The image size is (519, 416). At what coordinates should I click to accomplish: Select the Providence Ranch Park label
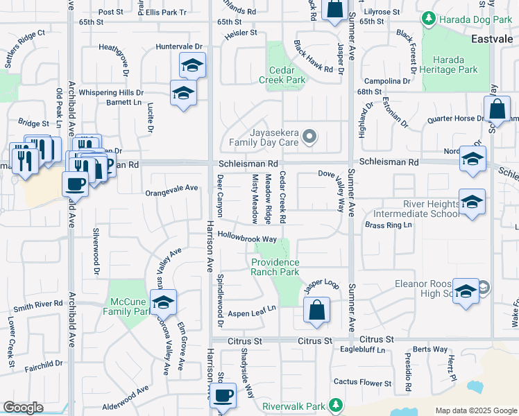coord(275,268)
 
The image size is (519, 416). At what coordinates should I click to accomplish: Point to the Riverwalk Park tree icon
coord(336,404)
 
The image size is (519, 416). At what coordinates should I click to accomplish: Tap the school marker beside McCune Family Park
coord(164,302)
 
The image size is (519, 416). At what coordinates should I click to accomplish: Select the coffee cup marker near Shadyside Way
coord(222,396)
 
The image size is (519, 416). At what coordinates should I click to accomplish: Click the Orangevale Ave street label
coord(171,187)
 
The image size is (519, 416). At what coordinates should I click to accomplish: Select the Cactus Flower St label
coord(363,382)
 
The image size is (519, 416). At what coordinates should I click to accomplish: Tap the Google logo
coord(23,408)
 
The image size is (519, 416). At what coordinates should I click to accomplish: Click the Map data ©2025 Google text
coord(475,410)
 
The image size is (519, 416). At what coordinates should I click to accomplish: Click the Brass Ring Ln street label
coord(389,225)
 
